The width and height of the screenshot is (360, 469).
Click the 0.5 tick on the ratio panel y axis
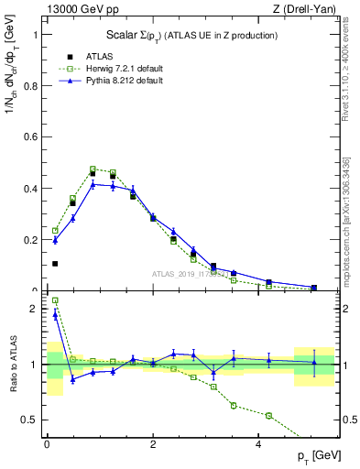pyautogui.click(x=30, y=420)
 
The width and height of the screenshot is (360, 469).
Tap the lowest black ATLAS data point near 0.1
pyautogui.click(x=55, y=264)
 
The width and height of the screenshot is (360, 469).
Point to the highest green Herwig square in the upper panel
pyautogui.click(x=93, y=169)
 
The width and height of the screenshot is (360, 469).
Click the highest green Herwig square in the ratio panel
pyautogui.click(x=55, y=300)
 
